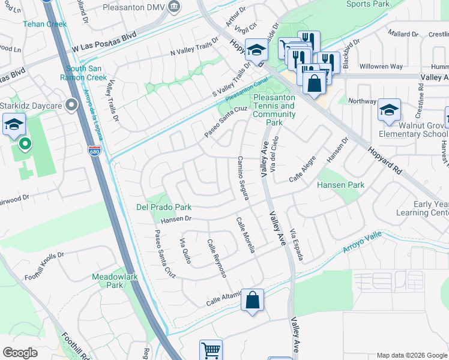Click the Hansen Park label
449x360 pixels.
[x=340, y=185]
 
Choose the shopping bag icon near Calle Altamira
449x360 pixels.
[x=253, y=299]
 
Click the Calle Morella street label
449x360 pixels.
[x=246, y=235]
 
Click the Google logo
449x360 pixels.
[x=20, y=353]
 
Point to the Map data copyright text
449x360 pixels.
[x=412, y=355]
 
